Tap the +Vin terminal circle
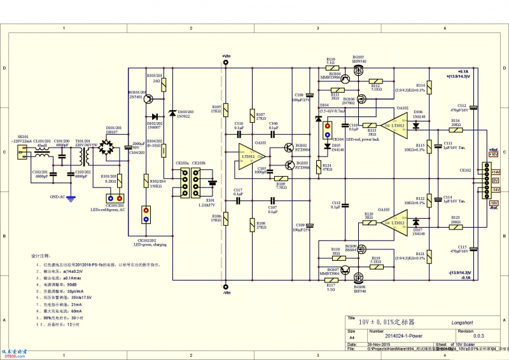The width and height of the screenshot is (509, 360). point(225,62)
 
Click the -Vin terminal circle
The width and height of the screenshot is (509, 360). point(225,287)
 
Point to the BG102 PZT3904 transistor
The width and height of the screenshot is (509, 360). point(288,148)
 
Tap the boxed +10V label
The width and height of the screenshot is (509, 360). point(494,154)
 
